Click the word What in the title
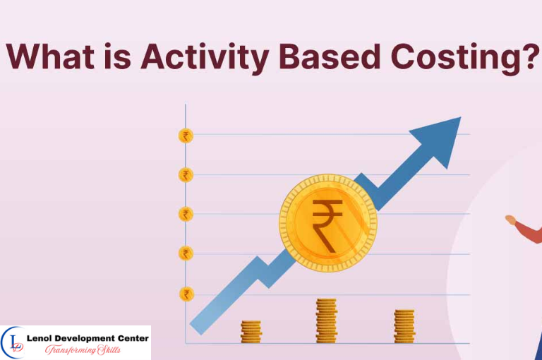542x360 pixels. [54, 56]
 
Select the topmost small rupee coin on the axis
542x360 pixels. [186, 136]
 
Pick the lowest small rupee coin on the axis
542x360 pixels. [186, 294]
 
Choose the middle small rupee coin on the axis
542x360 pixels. [186, 214]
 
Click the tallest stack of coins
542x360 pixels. [326, 320]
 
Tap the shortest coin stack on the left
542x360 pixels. [251, 331]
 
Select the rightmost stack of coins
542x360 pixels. [404, 326]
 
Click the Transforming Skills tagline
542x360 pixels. [83, 350]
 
